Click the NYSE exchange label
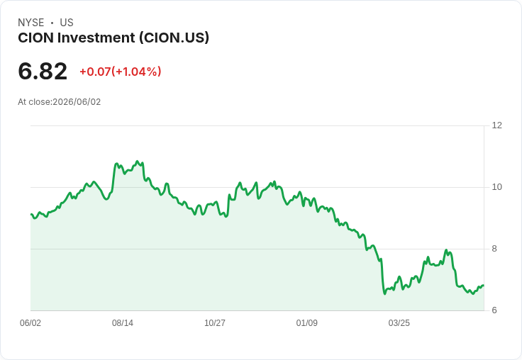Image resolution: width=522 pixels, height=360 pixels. pos(31,23)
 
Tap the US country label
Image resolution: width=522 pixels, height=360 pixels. pos(67,23)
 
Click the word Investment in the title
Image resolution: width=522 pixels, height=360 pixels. pos(96,38)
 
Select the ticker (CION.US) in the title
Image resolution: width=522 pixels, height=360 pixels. pos(174,38)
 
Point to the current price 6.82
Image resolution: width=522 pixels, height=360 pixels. pos(43,71)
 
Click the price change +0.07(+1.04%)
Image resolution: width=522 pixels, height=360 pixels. pos(120,72)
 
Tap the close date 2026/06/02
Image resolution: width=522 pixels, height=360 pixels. pos(77,102)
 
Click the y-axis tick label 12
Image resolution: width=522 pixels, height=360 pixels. pos(496,125)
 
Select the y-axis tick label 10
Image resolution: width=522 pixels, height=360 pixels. pos(496,187)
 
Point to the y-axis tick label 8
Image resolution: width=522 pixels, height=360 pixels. pos(494,249)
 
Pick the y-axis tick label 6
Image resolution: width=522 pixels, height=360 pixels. pos(494,310)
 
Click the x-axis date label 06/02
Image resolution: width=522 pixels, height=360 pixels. pos(30,323)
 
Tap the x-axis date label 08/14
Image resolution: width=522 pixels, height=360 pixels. pos(123,323)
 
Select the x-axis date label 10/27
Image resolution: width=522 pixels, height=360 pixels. pos(215,323)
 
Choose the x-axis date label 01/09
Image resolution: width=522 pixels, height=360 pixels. pos(306,323)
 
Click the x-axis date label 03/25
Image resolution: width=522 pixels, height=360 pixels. pos(399,323)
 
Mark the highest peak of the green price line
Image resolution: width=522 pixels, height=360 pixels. pos(137,162)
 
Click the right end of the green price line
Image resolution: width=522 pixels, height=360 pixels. pos(483,286)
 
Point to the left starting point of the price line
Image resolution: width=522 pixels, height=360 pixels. pos(31,214)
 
